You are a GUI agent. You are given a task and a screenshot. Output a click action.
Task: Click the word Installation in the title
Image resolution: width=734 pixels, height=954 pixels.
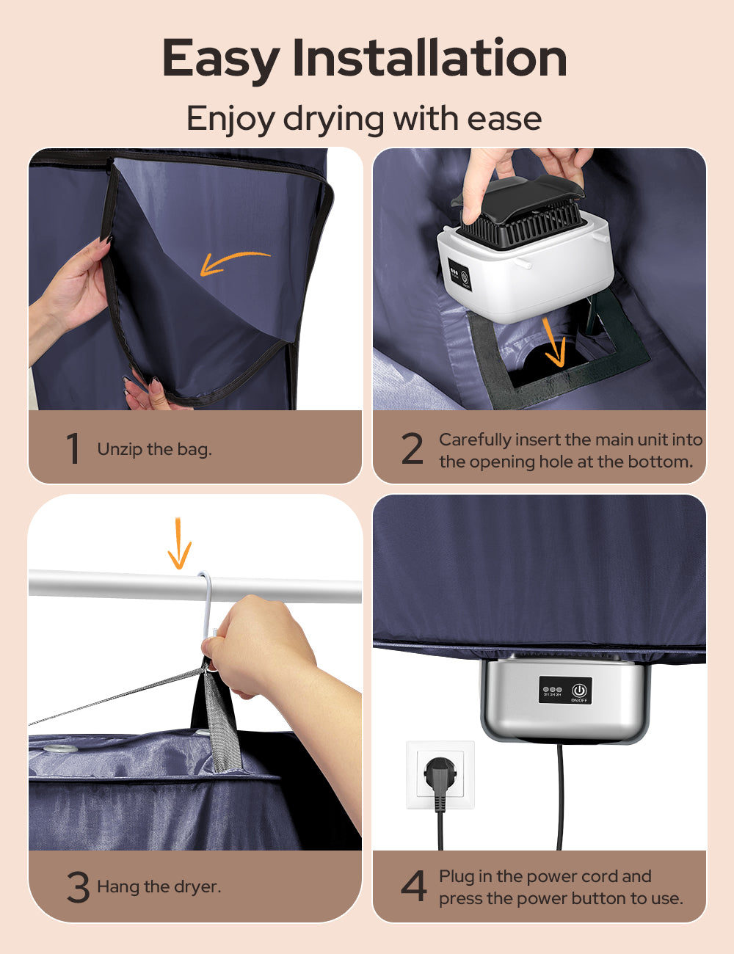click(429, 59)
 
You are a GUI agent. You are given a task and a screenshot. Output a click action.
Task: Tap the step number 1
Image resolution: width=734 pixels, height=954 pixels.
click(73, 448)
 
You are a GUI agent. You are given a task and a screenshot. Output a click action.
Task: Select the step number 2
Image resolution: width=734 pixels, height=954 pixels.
click(413, 449)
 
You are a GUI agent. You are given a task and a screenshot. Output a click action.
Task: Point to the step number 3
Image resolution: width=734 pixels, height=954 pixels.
click(78, 886)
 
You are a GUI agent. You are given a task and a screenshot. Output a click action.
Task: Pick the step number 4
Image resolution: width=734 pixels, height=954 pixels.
click(414, 886)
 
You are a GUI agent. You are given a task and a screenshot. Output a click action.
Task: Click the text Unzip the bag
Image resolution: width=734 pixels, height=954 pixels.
click(154, 449)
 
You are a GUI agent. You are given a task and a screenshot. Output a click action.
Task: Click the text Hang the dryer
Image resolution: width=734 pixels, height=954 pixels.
click(159, 886)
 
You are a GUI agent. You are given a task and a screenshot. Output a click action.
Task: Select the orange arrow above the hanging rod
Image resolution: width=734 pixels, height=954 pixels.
click(179, 544)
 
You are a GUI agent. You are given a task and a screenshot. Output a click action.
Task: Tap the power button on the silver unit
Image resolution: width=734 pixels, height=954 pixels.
click(580, 689)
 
